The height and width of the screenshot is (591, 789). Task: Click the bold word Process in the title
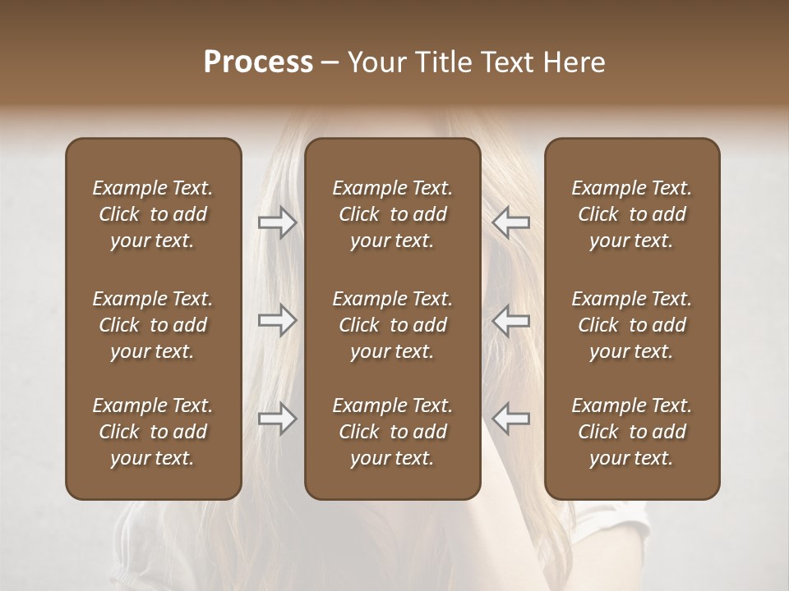click(x=258, y=62)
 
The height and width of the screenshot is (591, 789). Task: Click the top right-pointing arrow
click(x=278, y=222)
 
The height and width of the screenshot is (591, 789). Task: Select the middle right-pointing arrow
click(x=278, y=320)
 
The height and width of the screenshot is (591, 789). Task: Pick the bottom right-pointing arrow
click(x=278, y=419)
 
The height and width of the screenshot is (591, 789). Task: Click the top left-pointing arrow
click(x=511, y=222)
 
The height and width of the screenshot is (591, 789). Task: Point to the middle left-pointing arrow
click(x=511, y=320)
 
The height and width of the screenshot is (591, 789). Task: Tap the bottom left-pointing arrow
click(x=511, y=419)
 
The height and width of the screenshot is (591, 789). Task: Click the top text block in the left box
click(x=153, y=214)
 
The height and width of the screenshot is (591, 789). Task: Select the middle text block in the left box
click(x=153, y=325)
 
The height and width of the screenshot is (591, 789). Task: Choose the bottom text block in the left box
click(x=153, y=432)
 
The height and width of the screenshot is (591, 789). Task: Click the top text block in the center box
click(x=393, y=214)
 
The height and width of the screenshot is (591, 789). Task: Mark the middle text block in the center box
click(x=393, y=325)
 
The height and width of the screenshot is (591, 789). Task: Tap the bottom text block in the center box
click(x=393, y=432)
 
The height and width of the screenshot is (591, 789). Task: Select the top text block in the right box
click(x=632, y=214)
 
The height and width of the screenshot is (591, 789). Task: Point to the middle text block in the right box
click(x=632, y=325)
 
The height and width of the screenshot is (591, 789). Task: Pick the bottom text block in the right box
click(x=632, y=432)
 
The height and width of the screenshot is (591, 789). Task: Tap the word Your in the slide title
click(x=374, y=62)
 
